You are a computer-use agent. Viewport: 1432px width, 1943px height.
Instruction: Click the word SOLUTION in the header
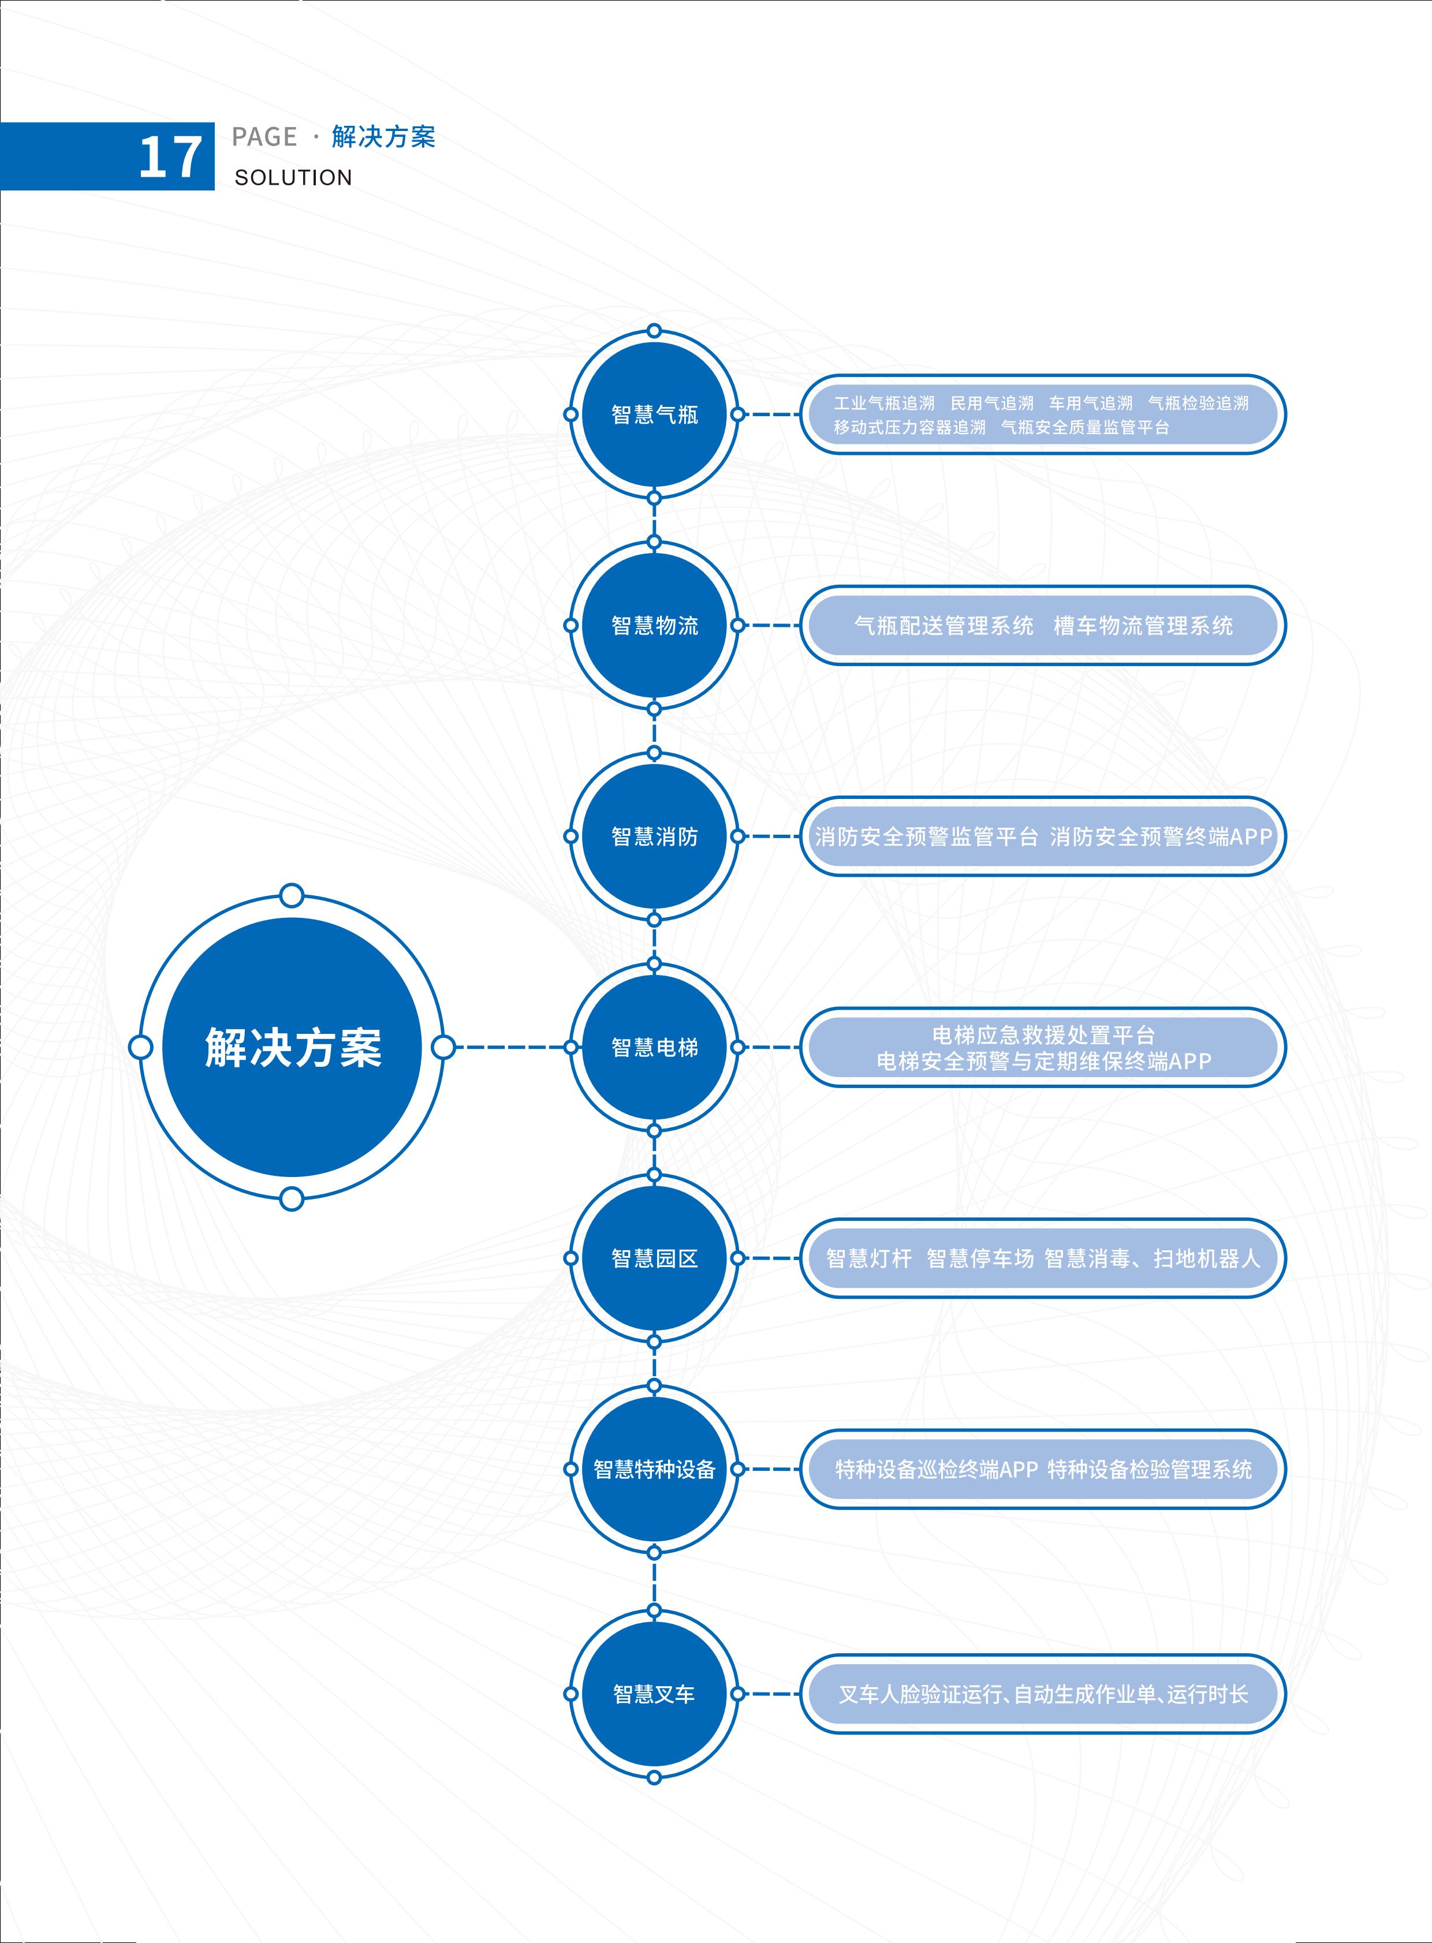tap(293, 178)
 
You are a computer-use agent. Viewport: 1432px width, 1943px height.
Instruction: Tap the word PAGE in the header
tap(264, 137)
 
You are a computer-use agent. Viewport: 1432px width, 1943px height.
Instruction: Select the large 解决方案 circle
tap(292, 1047)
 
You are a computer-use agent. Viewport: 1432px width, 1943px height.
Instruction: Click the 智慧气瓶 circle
tap(654, 414)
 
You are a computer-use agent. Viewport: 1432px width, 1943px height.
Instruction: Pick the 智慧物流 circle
tap(654, 625)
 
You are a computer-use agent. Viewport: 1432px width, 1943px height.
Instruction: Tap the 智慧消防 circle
tap(654, 836)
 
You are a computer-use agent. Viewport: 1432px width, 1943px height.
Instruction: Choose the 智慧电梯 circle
tap(654, 1047)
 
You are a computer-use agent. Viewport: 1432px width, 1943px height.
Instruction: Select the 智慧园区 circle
tap(654, 1258)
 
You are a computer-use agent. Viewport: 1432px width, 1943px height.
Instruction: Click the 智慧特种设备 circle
tap(654, 1469)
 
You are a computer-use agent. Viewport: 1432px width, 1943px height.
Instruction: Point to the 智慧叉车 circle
tap(654, 1694)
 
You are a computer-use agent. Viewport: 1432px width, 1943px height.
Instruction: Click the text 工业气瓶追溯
tap(884, 403)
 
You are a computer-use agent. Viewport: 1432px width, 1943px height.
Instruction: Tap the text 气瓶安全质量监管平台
tap(1086, 427)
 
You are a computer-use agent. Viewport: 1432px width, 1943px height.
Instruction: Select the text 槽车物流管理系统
tap(1143, 626)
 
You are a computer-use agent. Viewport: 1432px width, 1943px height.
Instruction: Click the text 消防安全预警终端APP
tap(1161, 836)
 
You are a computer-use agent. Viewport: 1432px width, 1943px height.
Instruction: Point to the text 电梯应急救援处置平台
tap(1043, 1035)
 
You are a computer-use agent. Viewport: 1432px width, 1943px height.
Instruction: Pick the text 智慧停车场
tap(980, 1258)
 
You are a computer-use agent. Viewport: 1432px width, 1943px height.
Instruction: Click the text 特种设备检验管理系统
tap(1150, 1469)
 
